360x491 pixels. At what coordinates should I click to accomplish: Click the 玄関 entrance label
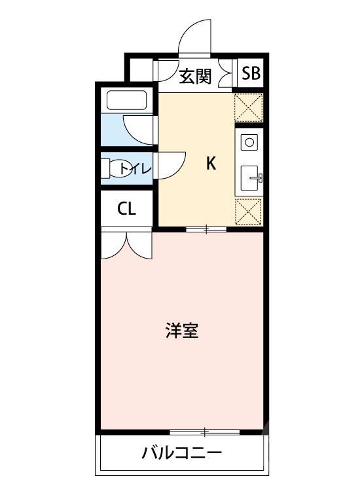194,76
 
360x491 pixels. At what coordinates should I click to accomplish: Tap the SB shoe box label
251,73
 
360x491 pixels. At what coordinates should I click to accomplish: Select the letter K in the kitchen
211,164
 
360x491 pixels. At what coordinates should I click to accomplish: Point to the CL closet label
126,209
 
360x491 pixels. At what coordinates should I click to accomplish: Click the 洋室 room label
182,331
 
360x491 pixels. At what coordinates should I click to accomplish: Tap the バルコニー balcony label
182,452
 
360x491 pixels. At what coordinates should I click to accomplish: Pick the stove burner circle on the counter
249,141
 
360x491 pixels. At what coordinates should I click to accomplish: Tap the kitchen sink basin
251,177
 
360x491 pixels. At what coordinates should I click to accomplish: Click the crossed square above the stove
249,107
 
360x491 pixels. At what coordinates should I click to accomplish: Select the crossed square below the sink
249,211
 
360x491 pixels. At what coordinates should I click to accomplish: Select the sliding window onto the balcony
204,432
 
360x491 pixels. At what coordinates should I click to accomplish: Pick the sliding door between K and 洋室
206,229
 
